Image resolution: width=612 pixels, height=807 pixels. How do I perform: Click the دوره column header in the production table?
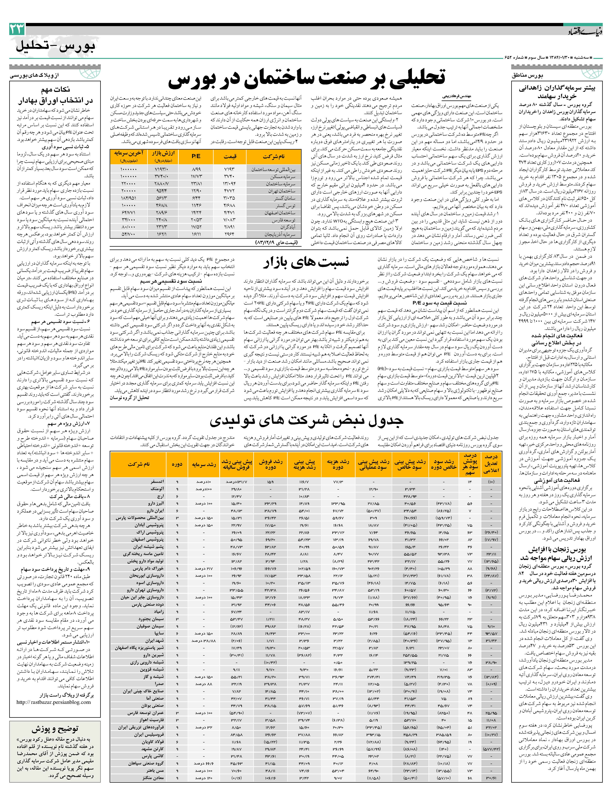click(177, 464)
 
